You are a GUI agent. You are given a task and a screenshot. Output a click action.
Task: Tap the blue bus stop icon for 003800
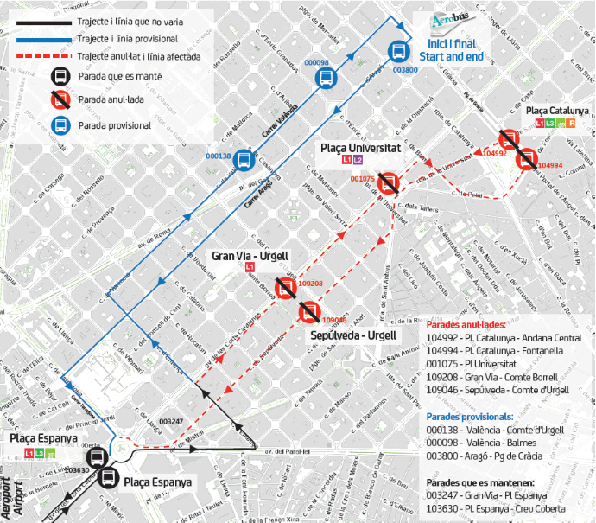point(400,52)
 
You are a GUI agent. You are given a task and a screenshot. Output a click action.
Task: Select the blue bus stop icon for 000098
point(326,79)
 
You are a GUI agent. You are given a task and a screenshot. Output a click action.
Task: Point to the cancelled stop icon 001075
point(389,182)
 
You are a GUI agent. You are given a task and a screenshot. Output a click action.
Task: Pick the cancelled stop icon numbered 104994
point(526,159)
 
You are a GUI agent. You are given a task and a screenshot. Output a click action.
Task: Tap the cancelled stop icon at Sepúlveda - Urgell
point(308,312)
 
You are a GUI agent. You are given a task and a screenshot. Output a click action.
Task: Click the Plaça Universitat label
point(358,149)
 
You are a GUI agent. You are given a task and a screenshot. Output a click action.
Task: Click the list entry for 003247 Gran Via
point(486,494)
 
